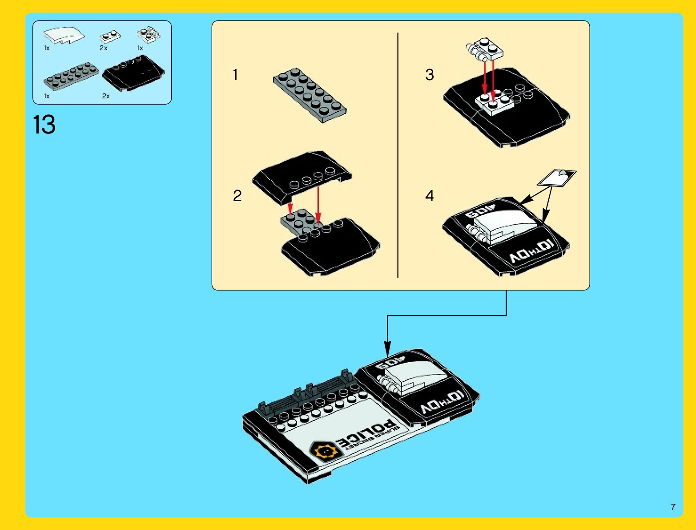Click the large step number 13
(x=44, y=125)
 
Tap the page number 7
(x=673, y=507)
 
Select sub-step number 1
(x=235, y=75)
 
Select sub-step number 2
(x=237, y=196)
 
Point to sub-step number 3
(x=429, y=75)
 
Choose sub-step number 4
(x=429, y=196)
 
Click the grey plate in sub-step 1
(x=310, y=95)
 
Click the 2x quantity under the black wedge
(x=106, y=96)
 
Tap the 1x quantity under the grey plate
(x=47, y=96)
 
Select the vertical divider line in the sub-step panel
(x=398, y=156)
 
